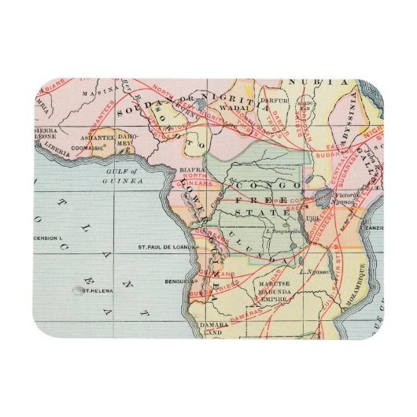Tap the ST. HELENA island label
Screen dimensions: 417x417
100,290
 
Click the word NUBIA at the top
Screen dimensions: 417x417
316,81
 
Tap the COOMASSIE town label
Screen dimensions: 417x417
88,146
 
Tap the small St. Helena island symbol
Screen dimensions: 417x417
78,290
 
